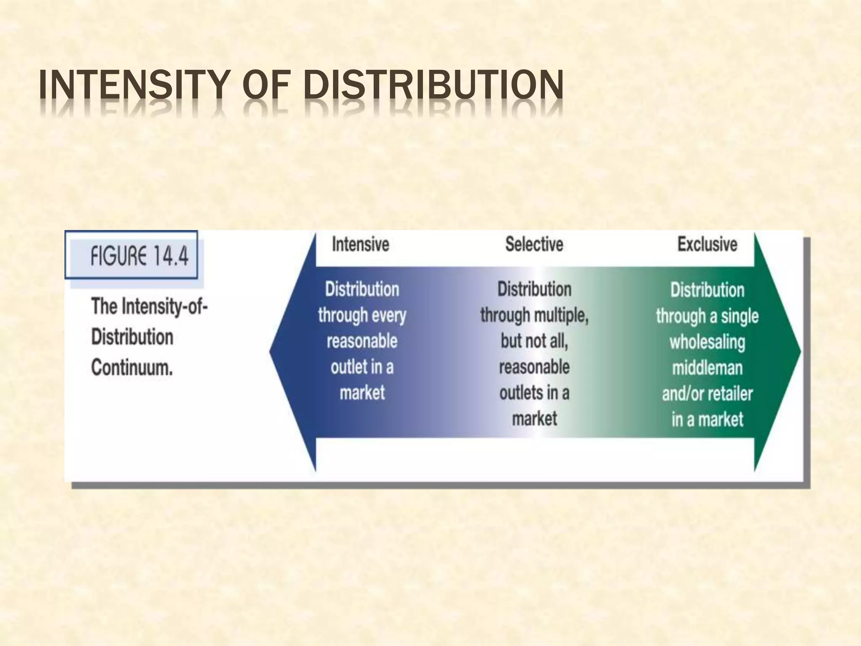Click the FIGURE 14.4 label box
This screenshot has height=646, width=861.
(x=131, y=255)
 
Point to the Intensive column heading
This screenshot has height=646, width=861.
(x=360, y=244)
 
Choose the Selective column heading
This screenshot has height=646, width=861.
(x=534, y=244)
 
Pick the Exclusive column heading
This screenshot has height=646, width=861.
(x=707, y=244)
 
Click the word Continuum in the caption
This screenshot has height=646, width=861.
(x=132, y=368)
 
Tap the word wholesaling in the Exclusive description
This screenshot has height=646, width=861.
(x=707, y=342)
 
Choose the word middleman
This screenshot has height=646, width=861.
(x=707, y=368)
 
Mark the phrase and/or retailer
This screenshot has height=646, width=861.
(x=707, y=394)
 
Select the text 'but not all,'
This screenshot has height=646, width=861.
(x=534, y=341)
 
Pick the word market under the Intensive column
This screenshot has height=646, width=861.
(x=362, y=393)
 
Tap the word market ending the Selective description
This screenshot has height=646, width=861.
(x=534, y=419)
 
